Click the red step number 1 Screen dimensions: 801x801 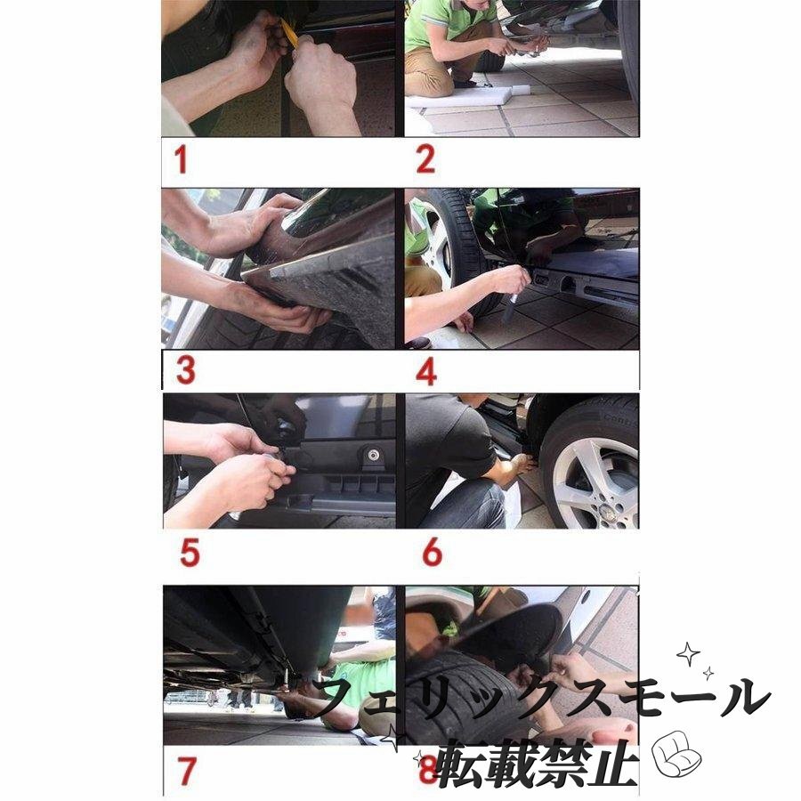coord(181,159)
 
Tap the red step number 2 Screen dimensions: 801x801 coord(425,159)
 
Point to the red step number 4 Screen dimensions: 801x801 coord(426,371)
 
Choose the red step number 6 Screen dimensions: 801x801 coord(433,552)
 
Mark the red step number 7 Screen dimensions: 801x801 coord(187,771)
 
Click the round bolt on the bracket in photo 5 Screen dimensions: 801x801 coord(374,455)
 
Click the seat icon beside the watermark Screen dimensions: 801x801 coord(677,754)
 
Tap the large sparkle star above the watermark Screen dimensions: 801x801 coord(688,654)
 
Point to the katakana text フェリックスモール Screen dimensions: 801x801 coord(540,697)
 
